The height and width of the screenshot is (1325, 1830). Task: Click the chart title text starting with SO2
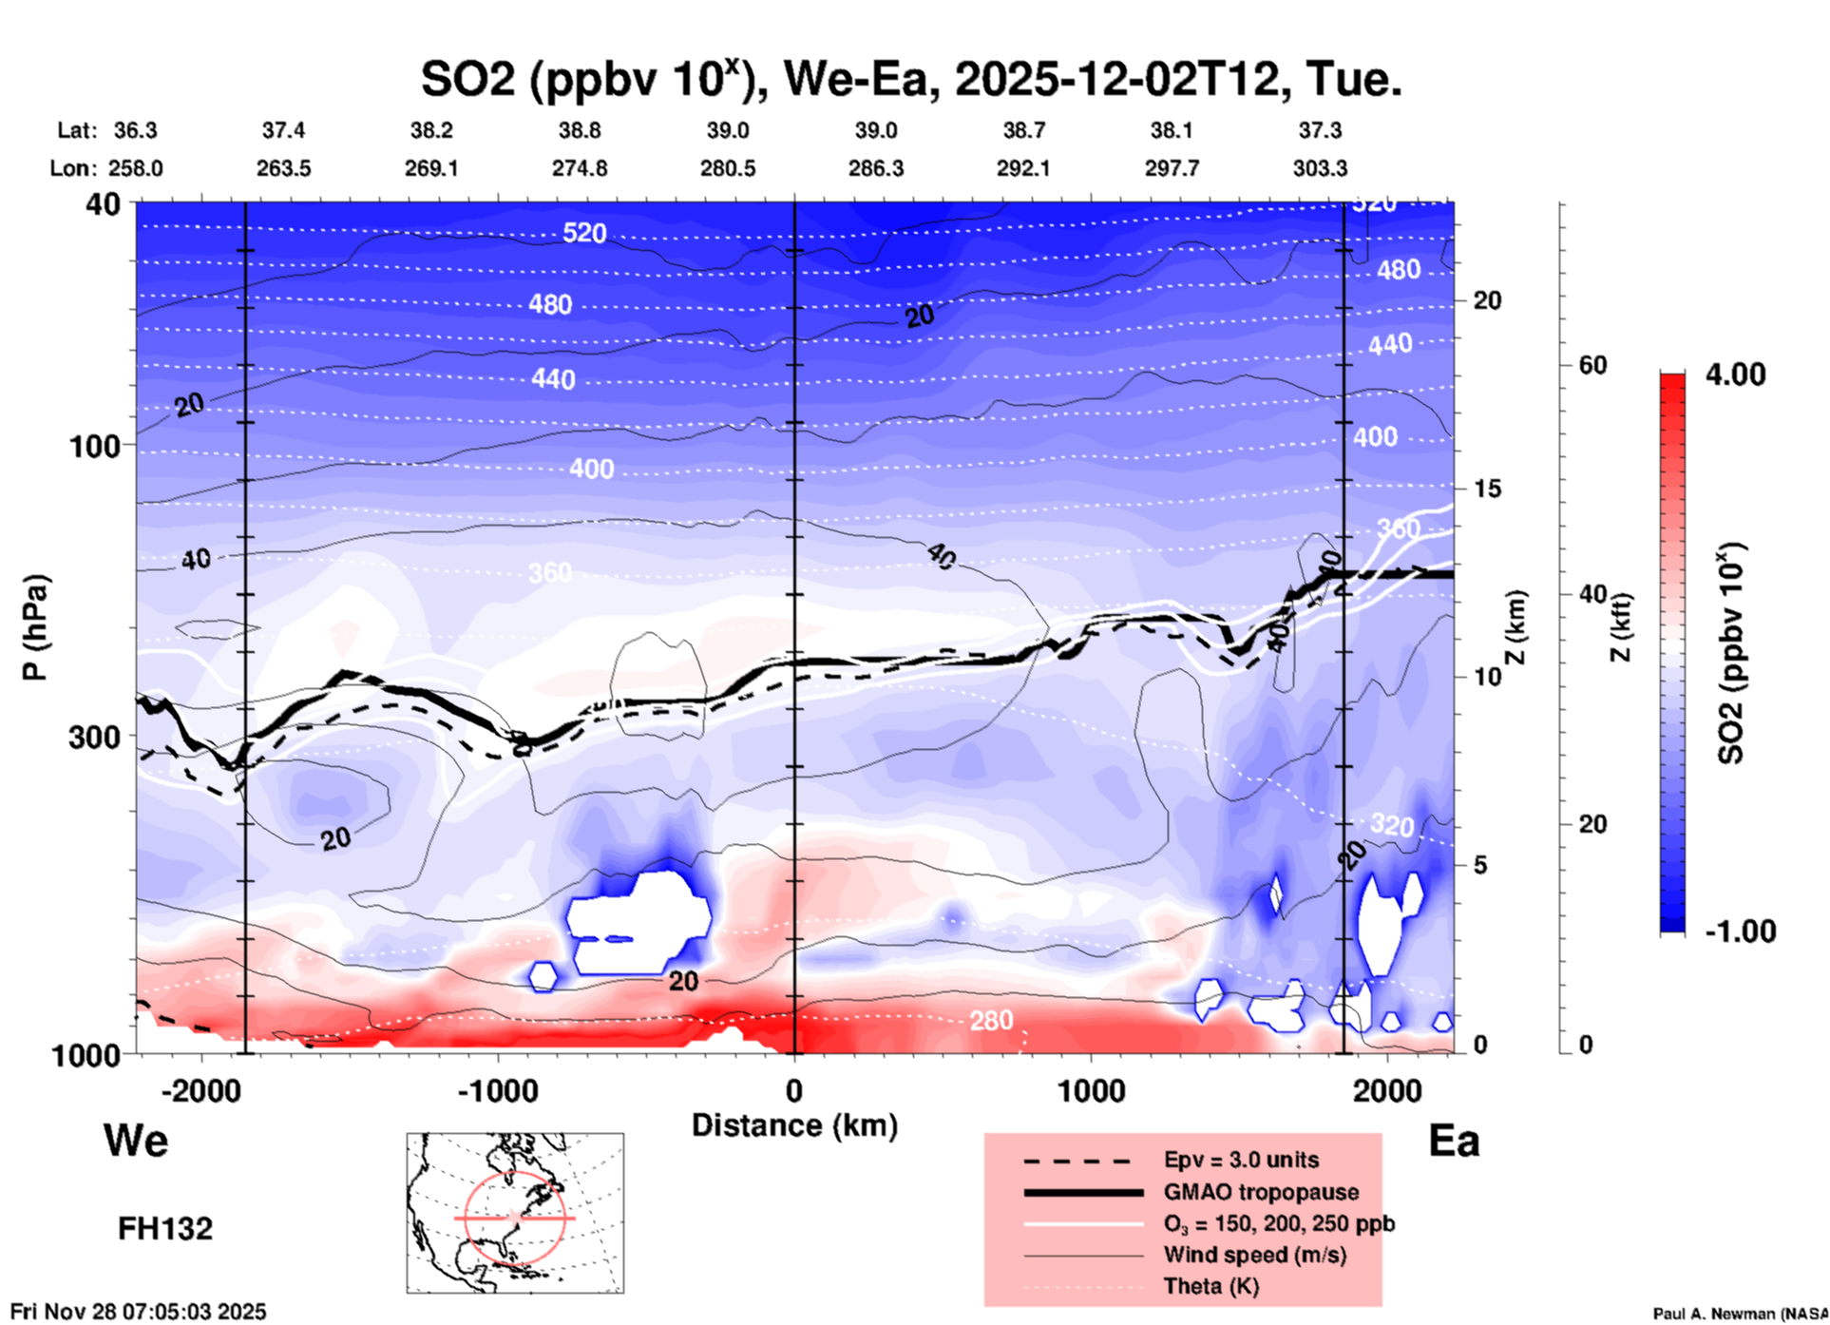[910, 80]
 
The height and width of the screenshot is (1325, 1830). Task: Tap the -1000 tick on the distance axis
[497, 1090]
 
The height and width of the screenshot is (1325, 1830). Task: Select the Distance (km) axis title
[794, 1125]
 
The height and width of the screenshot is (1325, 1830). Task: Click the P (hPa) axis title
[35, 627]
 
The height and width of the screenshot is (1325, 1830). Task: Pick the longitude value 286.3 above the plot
[875, 168]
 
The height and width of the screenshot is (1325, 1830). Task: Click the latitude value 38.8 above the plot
[580, 130]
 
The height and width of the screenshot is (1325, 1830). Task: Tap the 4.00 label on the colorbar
[1735, 374]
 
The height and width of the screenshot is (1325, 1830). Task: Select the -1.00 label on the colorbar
[1740, 931]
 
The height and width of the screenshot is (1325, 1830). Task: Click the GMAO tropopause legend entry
[1261, 1192]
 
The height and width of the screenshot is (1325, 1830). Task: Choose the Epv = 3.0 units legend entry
[1241, 1160]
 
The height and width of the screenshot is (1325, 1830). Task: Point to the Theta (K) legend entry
[1210, 1286]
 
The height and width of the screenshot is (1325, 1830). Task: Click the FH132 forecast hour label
[165, 1228]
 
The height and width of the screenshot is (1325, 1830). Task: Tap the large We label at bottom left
[136, 1140]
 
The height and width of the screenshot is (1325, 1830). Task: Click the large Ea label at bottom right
[1454, 1141]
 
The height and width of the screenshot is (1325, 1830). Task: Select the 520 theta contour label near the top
[583, 233]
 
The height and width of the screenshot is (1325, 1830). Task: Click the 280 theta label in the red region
[991, 1021]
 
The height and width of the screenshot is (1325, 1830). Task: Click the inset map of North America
[515, 1213]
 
